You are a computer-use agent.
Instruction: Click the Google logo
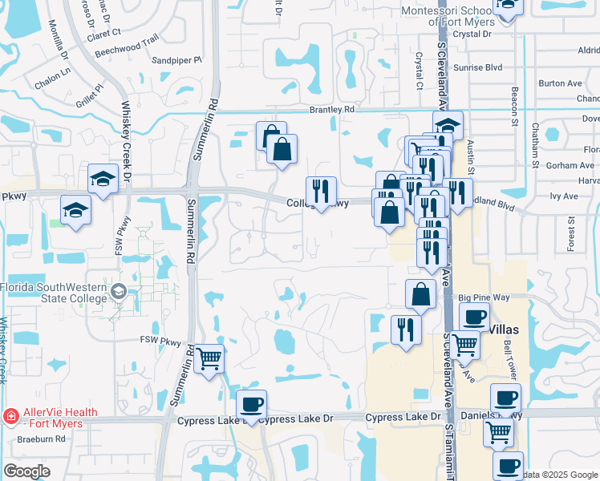pos(27,471)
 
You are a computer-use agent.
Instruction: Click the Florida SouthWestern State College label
pos(53,293)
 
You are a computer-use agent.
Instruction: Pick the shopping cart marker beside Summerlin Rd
pos(209,358)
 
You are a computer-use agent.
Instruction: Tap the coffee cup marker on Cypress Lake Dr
pos(252,403)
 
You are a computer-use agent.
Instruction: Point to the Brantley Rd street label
pos(332,109)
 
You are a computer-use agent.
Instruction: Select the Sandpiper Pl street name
pos(176,60)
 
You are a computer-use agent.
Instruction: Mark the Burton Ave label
pos(560,83)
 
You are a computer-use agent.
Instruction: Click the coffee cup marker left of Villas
pos(473,316)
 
